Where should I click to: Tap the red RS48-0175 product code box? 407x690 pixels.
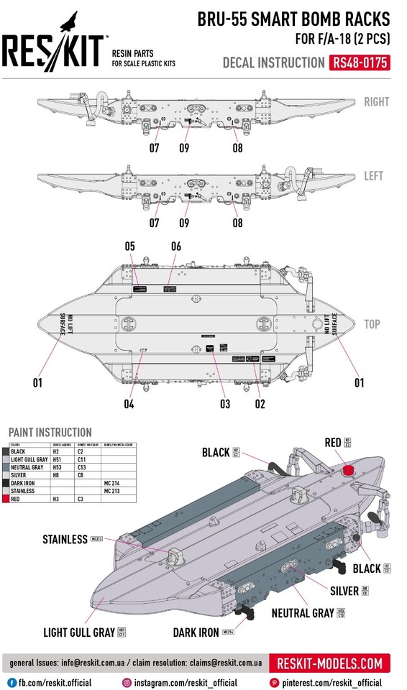pos(360,63)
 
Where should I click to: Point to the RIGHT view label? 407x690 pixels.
pos(375,101)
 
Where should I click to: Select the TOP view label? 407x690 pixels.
pos(372,325)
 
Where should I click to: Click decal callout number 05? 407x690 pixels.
pos(129,247)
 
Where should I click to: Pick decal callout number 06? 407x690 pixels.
pos(175,247)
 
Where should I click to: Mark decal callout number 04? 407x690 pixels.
pos(129,403)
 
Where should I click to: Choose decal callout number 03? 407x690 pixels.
pos(225,403)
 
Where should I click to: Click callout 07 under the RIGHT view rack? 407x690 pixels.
pos(155,149)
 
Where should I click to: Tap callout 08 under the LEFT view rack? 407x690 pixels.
pos(237,223)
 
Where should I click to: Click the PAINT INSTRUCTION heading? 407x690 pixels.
pos(50,433)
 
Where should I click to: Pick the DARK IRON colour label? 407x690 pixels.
pos(196,632)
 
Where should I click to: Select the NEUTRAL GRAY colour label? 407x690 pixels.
pos(303,613)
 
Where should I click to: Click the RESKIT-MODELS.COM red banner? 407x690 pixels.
pos(330,663)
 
